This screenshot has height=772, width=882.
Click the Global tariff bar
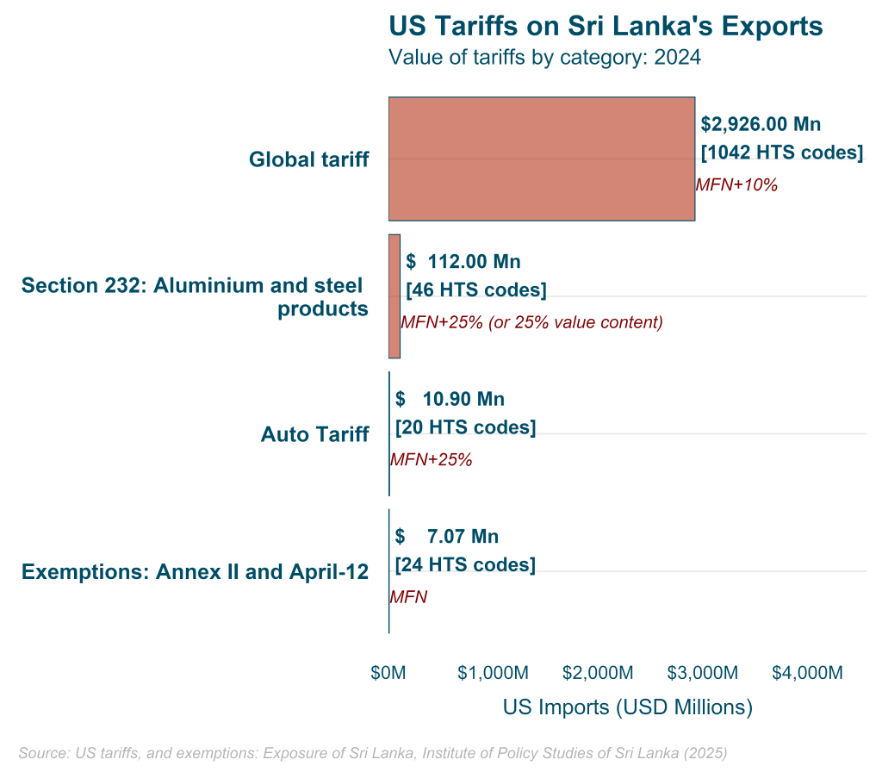coord(541,159)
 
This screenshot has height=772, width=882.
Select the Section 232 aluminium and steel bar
coord(394,296)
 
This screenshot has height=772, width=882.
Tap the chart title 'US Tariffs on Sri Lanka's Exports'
coord(606,26)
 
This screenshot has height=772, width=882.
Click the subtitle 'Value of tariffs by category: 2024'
coord(544,58)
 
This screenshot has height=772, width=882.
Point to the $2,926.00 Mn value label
coord(761,124)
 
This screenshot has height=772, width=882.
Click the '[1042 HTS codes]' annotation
coord(782,153)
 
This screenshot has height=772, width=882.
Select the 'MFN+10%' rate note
coord(736,184)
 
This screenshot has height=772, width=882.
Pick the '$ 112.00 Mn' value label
coord(463,261)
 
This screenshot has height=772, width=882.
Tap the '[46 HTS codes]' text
coord(475,289)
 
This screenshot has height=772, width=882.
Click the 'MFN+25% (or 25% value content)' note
coord(531,322)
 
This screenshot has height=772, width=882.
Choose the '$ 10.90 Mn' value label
coord(450,399)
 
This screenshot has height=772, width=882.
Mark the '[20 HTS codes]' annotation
coord(465,427)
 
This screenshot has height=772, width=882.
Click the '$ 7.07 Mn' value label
coord(447,537)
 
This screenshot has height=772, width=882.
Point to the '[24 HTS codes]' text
coord(465,565)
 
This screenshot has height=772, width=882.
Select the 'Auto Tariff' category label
coord(314,434)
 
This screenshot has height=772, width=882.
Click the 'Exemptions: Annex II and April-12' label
coord(195,572)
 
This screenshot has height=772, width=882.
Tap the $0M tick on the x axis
coord(388,672)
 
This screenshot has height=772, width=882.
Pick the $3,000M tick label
coord(702,672)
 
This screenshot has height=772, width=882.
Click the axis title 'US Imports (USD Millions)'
coord(627,707)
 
